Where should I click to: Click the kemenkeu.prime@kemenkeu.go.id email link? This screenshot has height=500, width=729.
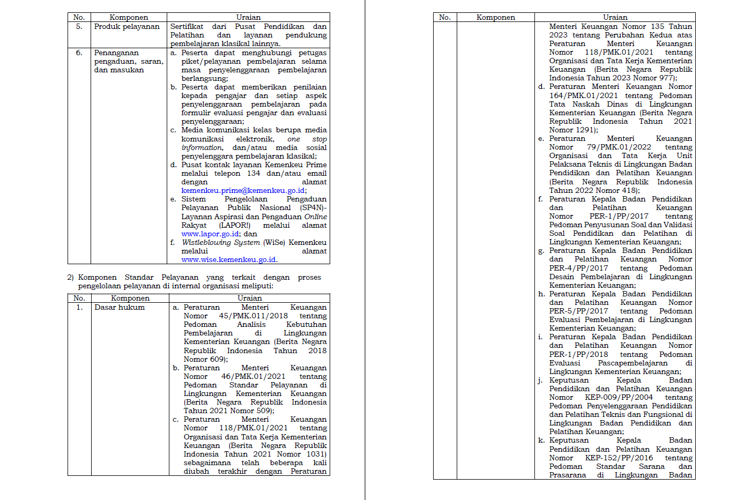pos(243,190)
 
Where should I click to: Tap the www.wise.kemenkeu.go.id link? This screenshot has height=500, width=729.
pos(229,259)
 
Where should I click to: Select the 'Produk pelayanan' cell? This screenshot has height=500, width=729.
pos(127,26)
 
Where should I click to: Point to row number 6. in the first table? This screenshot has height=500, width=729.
pos(79,53)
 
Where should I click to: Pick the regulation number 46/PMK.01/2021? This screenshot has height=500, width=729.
pos(253,376)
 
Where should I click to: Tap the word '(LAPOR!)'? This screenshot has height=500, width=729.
pos(234,225)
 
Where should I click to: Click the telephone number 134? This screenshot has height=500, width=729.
pos(254,173)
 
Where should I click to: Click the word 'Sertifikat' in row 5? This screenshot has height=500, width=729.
pos(187,26)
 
